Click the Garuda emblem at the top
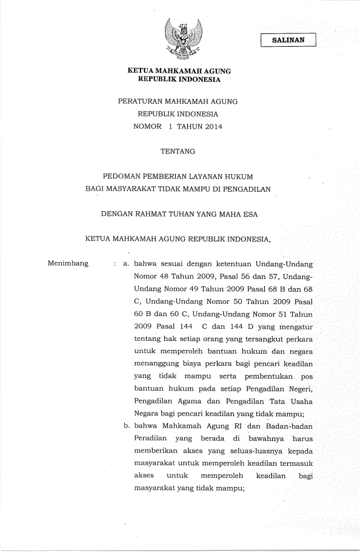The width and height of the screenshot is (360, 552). pyautogui.click(x=179, y=39)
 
